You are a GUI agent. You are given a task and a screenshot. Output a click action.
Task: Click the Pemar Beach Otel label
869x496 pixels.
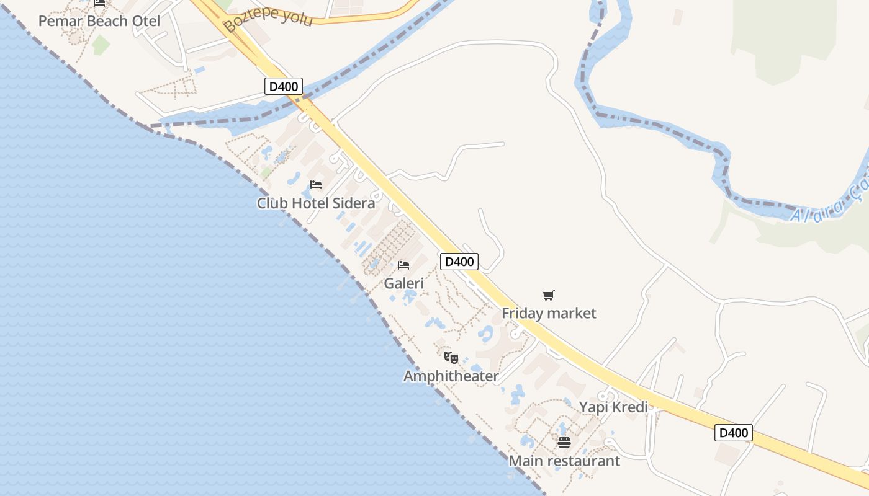99,21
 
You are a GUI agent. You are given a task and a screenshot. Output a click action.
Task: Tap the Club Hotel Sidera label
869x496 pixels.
316,203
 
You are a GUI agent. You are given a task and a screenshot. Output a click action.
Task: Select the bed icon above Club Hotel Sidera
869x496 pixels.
316,185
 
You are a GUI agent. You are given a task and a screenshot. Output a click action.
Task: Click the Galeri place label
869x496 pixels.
404,284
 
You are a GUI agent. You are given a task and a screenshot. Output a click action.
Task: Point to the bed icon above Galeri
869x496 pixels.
403,265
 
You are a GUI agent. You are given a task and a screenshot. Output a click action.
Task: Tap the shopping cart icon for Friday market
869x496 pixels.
548,295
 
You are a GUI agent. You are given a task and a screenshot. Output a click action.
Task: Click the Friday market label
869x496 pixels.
549,313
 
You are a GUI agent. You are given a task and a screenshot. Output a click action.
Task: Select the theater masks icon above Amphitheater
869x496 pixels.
451,358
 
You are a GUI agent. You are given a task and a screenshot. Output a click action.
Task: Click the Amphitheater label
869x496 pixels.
451,376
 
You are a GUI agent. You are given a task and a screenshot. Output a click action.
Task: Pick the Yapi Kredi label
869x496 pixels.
613,407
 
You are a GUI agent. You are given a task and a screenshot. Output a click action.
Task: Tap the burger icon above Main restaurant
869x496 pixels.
564,443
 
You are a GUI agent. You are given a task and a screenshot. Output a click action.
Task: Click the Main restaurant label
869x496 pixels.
564,461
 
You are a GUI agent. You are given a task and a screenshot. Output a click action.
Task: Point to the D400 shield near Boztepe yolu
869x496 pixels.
284,86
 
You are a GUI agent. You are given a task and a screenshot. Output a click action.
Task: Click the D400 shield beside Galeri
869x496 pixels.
459,262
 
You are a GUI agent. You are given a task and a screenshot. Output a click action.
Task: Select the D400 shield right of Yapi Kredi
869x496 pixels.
733,433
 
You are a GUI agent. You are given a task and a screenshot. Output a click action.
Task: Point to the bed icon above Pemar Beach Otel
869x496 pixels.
99,3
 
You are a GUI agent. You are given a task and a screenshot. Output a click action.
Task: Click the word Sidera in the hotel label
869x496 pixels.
354,203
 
